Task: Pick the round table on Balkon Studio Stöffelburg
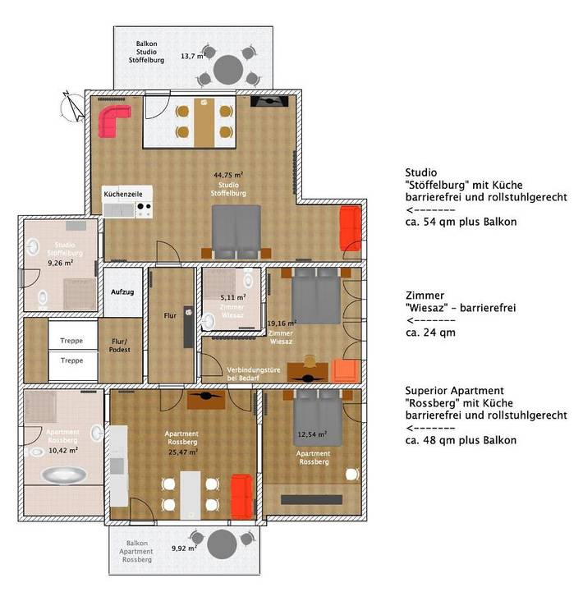tap(230, 68)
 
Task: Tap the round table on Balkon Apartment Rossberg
tap(222, 544)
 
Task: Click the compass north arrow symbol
tap(76, 108)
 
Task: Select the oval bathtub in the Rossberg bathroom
tap(62, 475)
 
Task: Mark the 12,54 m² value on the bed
tap(312, 434)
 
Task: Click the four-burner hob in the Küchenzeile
tap(144, 210)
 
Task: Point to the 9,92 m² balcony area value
tap(184, 548)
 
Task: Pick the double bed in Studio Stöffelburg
tap(236, 227)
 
